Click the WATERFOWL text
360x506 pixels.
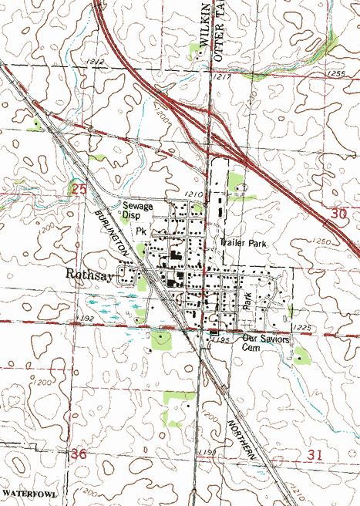pyautogui.click(x=29, y=491)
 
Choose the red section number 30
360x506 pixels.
pyautogui.click(x=338, y=218)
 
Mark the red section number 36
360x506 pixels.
pyautogui.click(x=78, y=454)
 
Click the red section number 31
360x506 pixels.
pyautogui.click(x=314, y=455)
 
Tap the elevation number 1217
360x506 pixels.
pyautogui.click(x=223, y=78)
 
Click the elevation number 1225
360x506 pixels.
pyautogui.click(x=303, y=328)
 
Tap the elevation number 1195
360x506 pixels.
pyautogui.click(x=223, y=339)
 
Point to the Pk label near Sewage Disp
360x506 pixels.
pyautogui.click(x=141, y=231)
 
